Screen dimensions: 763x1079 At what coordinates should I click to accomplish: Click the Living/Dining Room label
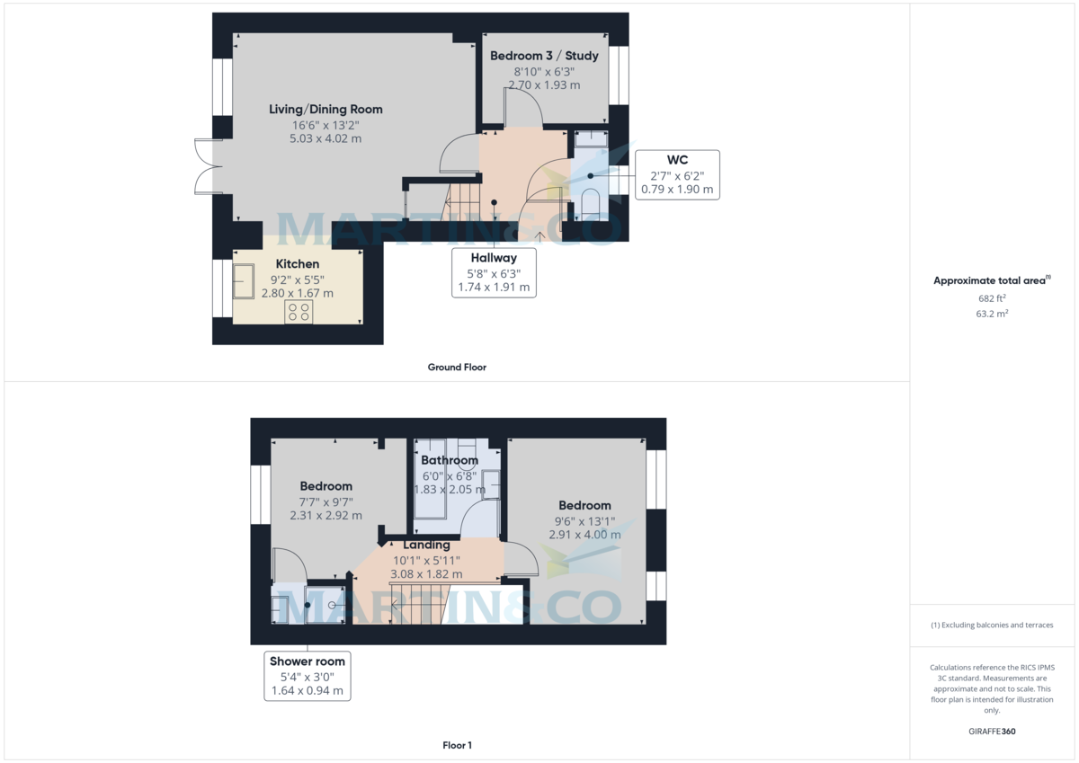tap(325, 110)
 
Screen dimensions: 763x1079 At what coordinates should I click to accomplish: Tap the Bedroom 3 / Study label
tap(544, 56)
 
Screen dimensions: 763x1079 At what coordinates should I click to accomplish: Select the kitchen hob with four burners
tap(299, 312)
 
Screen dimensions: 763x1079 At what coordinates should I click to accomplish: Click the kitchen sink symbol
tap(244, 281)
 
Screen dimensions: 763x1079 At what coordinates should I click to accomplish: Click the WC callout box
tap(677, 174)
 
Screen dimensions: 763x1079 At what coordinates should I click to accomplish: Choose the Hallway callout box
tap(494, 273)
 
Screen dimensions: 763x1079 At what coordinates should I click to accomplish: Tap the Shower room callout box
tap(308, 676)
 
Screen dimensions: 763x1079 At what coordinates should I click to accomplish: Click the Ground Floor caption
tap(457, 367)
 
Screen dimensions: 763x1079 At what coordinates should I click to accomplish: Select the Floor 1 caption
tap(457, 745)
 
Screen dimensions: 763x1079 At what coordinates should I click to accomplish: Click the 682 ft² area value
tap(992, 298)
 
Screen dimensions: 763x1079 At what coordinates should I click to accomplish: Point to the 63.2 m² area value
tap(992, 315)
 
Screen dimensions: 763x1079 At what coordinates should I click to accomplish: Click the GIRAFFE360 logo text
tap(992, 732)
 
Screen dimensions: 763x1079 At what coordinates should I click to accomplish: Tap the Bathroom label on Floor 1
tap(450, 461)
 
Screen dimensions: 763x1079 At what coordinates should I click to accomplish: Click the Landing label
tap(426, 545)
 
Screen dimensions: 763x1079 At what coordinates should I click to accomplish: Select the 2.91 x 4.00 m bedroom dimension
tap(584, 535)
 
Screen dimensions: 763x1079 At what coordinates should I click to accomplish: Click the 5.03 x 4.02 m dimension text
tap(325, 139)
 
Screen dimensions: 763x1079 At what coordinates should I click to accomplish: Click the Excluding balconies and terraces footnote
tap(992, 625)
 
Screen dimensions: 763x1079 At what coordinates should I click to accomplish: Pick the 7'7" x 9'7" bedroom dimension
tap(325, 501)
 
